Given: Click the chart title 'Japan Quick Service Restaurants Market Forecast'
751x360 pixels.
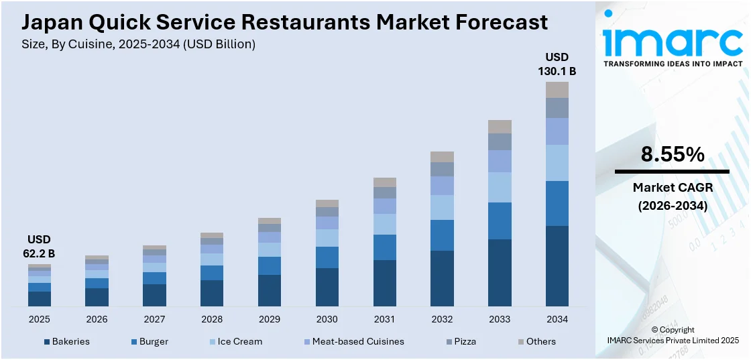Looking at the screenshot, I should pos(284,22).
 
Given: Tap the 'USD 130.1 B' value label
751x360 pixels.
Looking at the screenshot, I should pos(557,64).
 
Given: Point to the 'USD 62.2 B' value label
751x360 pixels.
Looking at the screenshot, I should pos(39,246).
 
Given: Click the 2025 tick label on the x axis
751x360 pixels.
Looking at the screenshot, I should pos(39,319).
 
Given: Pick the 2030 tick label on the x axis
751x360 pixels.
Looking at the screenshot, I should pos(327,319).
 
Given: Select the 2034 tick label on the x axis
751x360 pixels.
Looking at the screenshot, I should pos(557,319).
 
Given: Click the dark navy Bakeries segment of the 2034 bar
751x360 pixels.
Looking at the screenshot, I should pos(557,266).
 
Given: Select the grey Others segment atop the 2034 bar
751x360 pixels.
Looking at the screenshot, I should pos(557,90).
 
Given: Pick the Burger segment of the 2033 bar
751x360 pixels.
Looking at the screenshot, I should pos(500,221).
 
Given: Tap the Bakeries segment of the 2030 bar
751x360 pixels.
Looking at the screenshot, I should pos(327,287).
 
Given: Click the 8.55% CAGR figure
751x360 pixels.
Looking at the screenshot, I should pos(673,155).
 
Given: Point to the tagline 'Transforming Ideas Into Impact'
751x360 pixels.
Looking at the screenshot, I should pos(673,64).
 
